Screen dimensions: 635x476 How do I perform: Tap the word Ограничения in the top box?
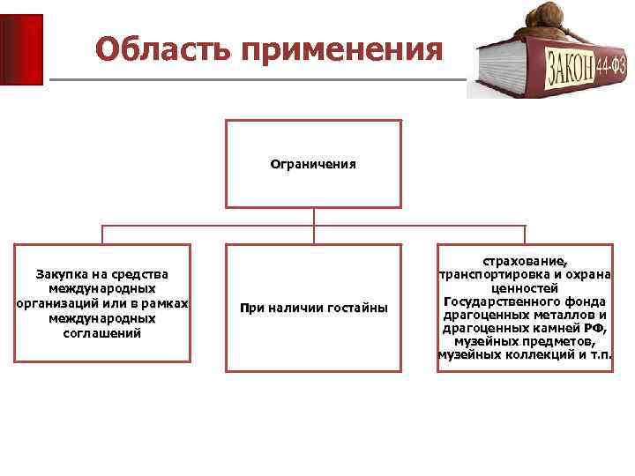point(313,164)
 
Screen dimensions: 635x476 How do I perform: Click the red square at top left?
point(21,48)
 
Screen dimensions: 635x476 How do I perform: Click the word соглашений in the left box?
point(102,334)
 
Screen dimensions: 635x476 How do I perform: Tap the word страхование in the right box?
point(525,260)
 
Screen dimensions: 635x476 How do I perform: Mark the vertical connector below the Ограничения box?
point(313,217)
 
